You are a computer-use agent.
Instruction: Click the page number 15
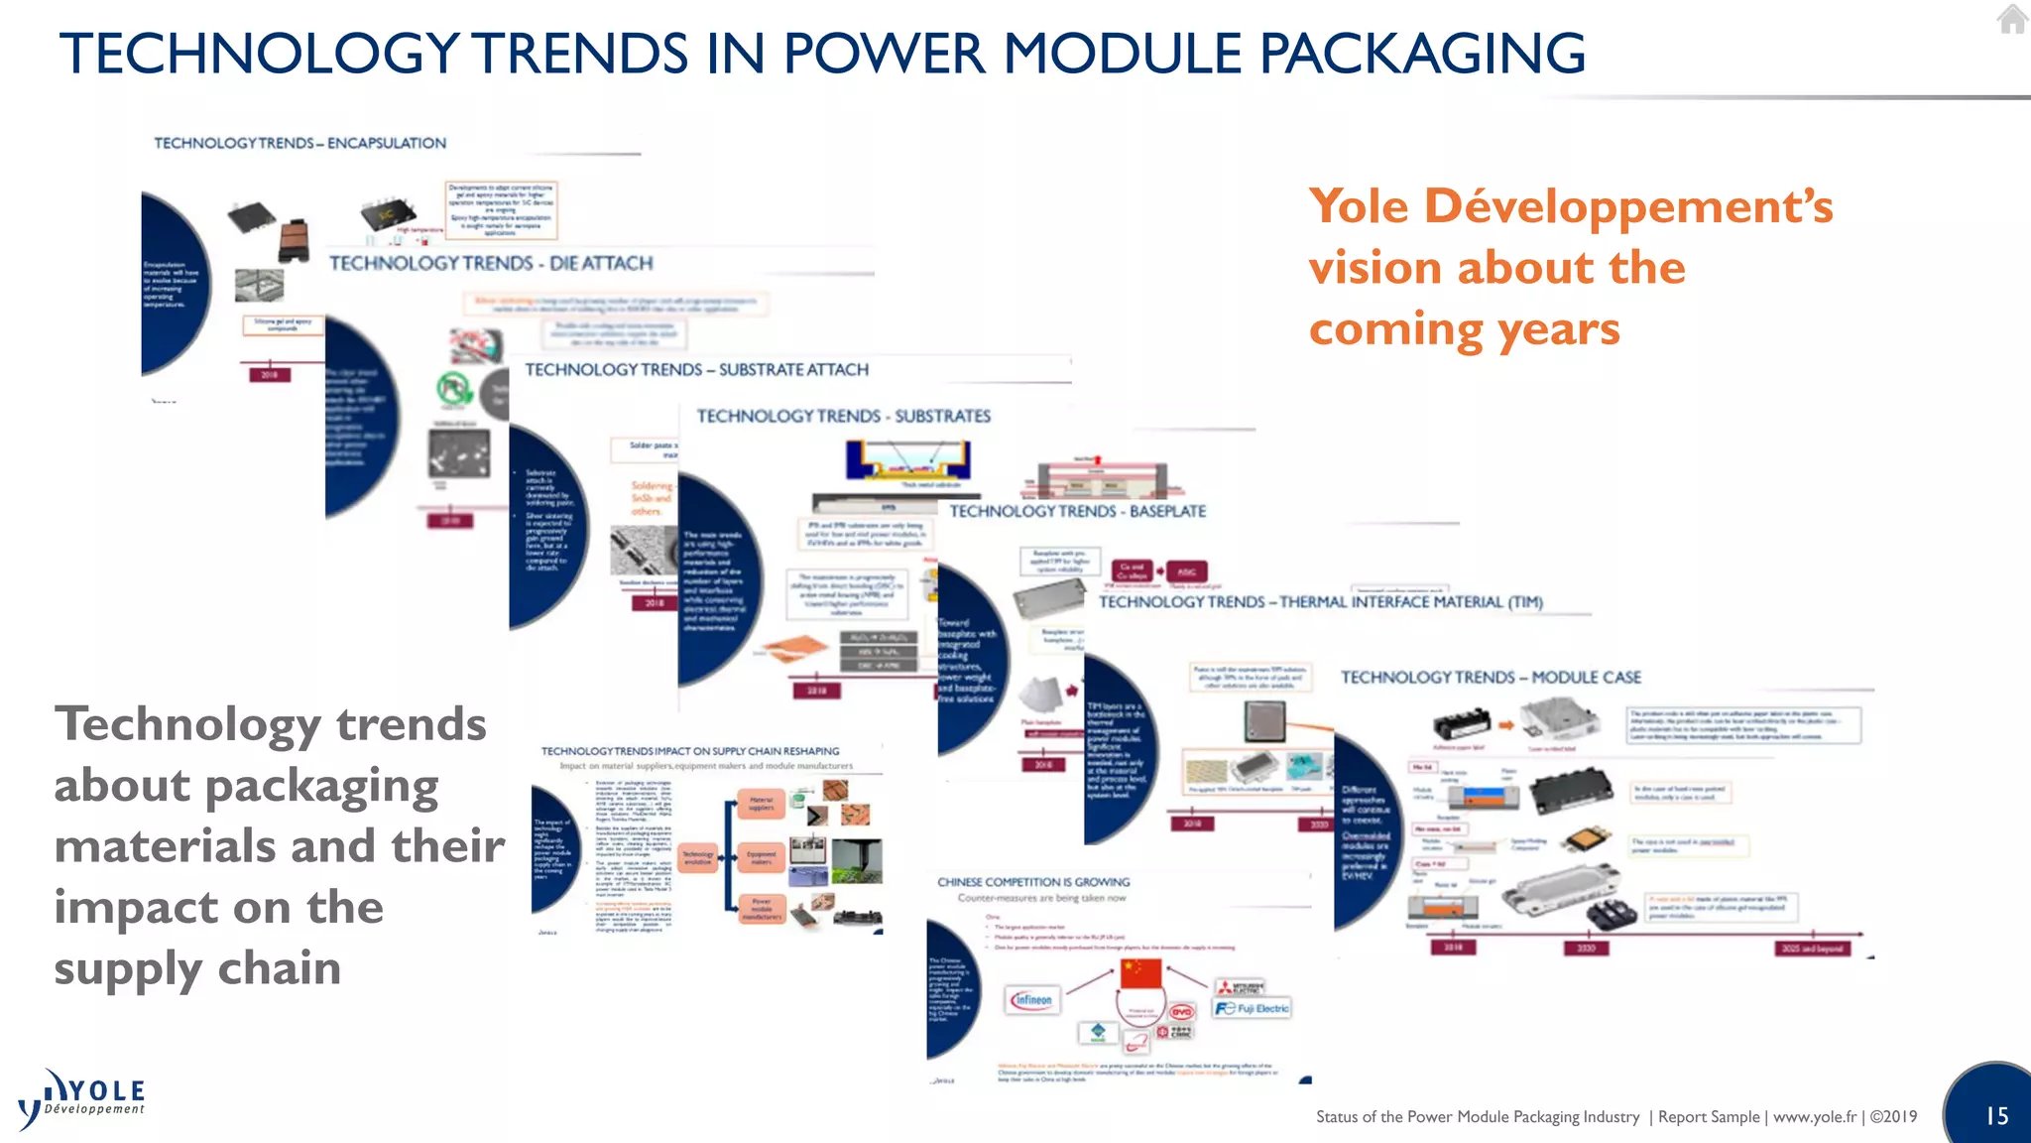click(x=1996, y=1116)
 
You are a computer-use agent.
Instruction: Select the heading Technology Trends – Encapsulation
click(x=299, y=143)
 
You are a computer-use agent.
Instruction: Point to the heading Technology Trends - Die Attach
click(x=491, y=263)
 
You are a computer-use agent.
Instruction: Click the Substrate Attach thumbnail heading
click(x=696, y=370)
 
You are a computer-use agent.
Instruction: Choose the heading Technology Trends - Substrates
click(x=843, y=416)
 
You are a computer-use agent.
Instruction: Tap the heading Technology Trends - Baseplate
click(x=1077, y=511)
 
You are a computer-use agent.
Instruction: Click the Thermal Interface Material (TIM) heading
click(x=1320, y=601)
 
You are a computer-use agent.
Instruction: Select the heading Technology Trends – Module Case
click(x=1491, y=677)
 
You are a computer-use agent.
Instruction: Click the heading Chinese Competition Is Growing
click(x=1033, y=882)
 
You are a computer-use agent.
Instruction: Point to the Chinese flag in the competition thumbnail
click(x=1140, y=973)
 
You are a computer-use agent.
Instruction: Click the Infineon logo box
click(x=1032, y=1000)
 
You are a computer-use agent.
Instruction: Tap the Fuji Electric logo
click(x=1253, y=1008)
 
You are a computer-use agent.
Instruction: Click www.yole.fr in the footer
click(x=1815, y=1116)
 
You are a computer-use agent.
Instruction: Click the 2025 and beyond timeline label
click(x=1811, y=948)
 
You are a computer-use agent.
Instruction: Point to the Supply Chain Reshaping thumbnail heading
click(x=690, y=751)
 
